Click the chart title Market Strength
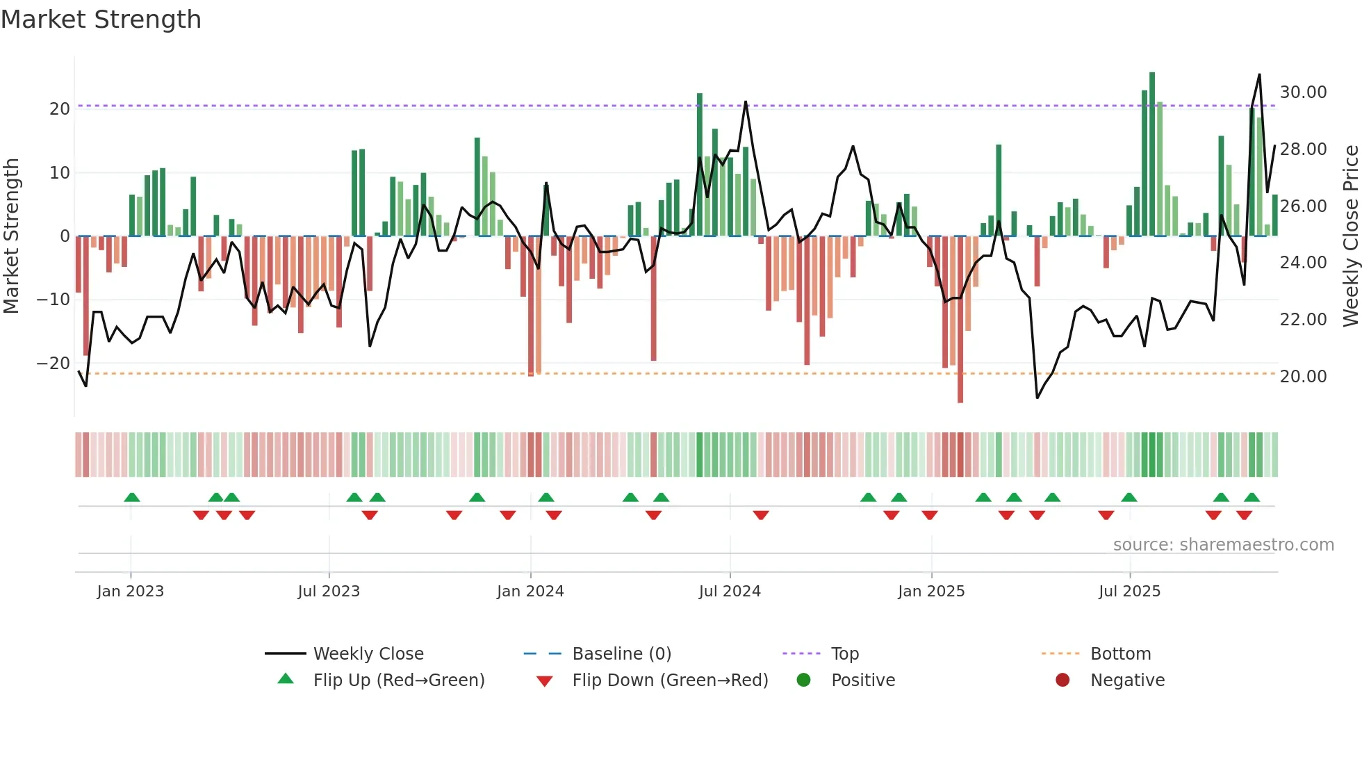tap(101, 19)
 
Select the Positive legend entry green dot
tap(804, 681)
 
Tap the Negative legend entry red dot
tap(1062, 681)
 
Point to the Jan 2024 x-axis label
tap(530, 592)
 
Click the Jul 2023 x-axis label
tap(329, 592)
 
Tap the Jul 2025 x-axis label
tap(1129, 592)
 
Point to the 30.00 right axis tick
tap(1303, 92)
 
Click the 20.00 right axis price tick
tap(1303, 377)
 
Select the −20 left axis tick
tap(53, 364)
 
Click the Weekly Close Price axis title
tap(1350, 236)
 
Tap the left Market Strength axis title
tap(11, 236)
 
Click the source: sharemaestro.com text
tap(1223, 545)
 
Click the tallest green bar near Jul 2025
tap(1152, 153)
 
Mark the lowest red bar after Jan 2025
tap(960, 320)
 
